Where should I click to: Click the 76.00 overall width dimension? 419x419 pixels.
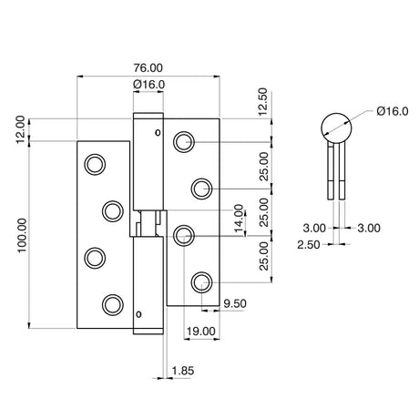click(148, 67)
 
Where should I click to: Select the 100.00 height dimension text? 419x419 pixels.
click(22, 235)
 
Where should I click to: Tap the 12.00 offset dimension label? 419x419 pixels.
click(20, 129)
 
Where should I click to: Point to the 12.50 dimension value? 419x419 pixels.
click(262, 101)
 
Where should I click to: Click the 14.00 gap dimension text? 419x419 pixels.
click(239, 220)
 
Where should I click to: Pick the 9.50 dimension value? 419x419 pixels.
click(235, 303)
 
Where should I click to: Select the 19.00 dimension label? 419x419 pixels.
click(200, 332)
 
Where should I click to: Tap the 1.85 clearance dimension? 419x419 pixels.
click(182, 371)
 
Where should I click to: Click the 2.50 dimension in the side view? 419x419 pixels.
click(309, 244)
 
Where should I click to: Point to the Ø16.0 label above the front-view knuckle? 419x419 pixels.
click(148, 84)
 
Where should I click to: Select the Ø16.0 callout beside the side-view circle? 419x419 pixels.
click(393, 111)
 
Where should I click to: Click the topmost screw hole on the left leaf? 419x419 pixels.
click(95, 165)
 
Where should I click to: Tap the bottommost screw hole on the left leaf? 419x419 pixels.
click(113, 304)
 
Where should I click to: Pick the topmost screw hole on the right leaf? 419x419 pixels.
click(184, 142)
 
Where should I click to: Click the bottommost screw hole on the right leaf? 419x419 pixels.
click(202, 282)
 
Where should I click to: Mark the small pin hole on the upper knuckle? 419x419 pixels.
click(158, 133)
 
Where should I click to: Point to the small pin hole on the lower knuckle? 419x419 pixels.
click(138, 314)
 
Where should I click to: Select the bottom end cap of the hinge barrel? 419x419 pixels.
click(148, 332)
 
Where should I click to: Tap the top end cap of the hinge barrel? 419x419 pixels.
click(148, 116)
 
